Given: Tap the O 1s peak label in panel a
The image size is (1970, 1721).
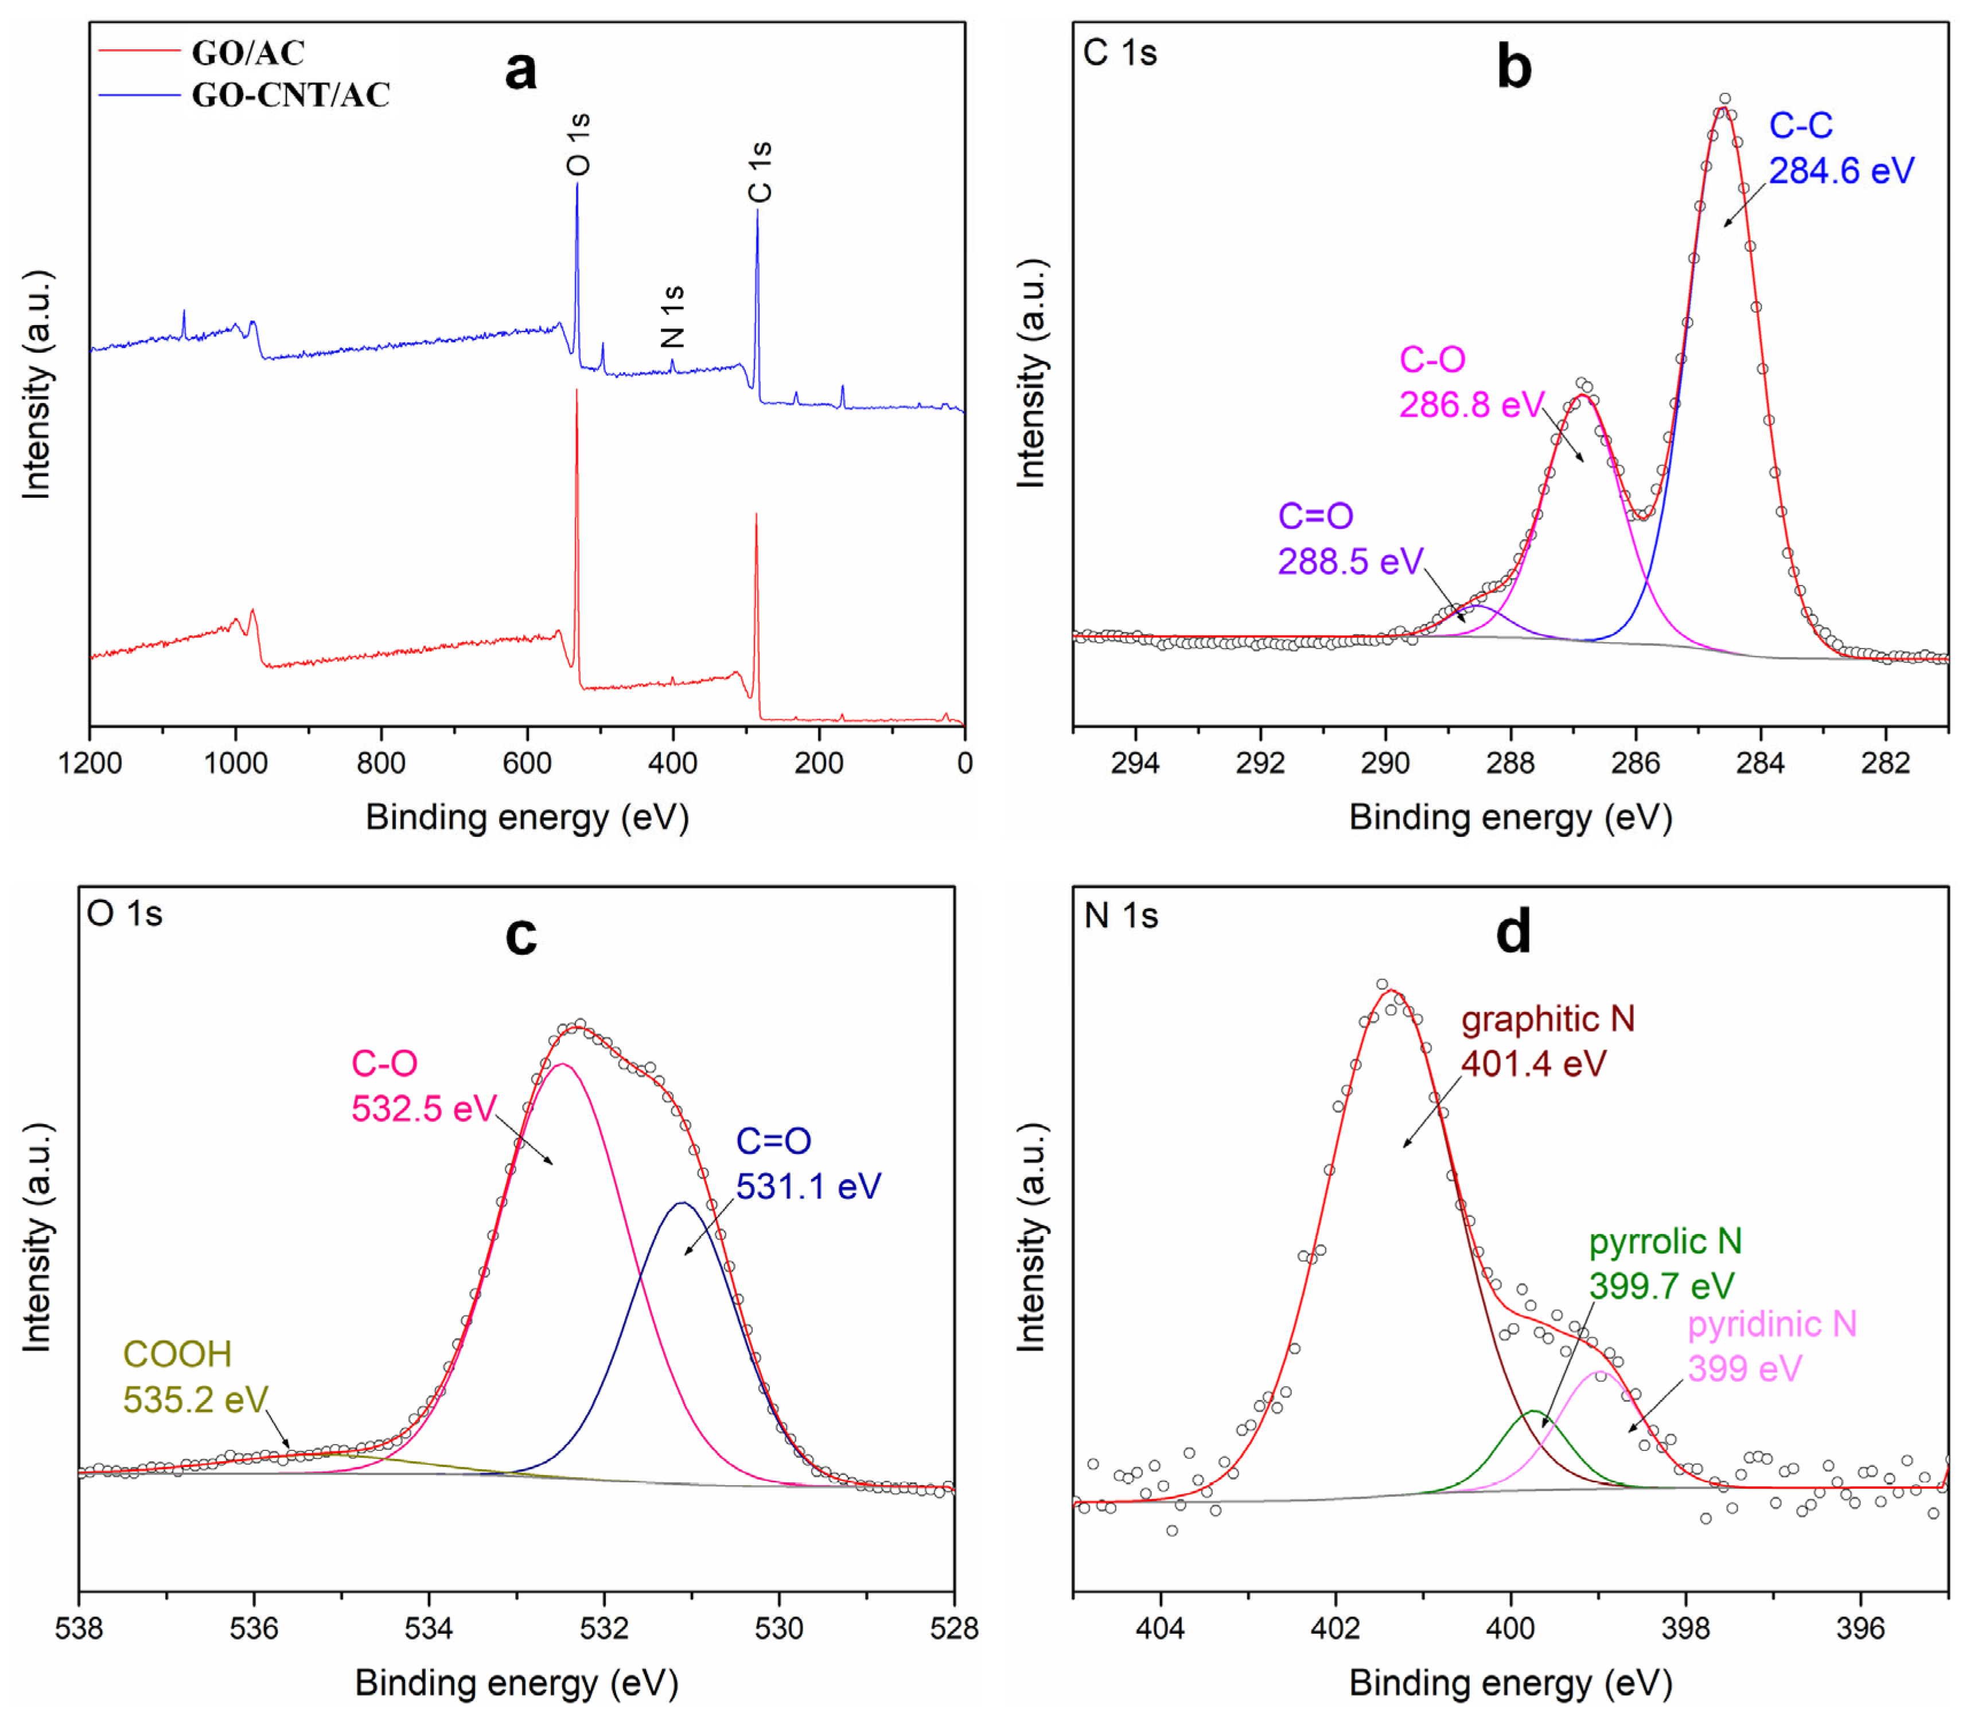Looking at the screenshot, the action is point(578,144).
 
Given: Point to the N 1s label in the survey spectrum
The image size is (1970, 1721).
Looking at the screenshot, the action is point(672,316).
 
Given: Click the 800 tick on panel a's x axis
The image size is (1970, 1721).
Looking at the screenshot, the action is point(381,763).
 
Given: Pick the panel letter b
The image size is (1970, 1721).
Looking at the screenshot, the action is point(1514,67).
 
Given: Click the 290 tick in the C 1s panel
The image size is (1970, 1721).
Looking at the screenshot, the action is point(1385,763).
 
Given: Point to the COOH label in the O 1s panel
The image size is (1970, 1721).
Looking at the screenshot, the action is point(178,1354).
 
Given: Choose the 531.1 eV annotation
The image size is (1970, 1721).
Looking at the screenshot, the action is point(809,1186).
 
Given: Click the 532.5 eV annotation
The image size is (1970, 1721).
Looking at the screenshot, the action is point(423,1109).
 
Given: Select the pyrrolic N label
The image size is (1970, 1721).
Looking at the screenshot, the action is point(1665,1242).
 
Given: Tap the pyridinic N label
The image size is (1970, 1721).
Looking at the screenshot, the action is point(1772,1324).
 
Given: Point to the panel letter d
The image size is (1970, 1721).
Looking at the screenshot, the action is point(1514,932).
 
